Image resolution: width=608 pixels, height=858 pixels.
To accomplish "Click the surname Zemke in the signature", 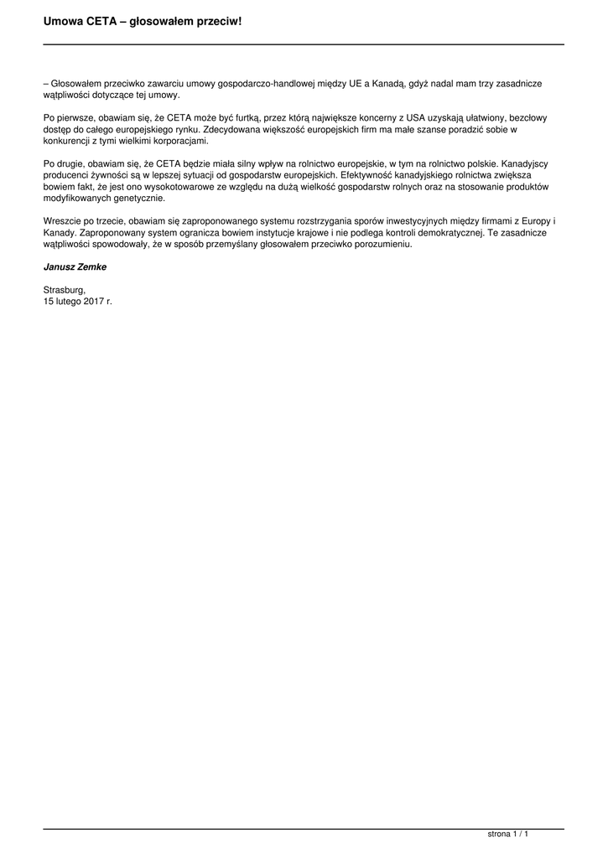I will tap(91, 266).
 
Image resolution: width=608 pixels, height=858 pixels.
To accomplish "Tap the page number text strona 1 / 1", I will tap(508, 835).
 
